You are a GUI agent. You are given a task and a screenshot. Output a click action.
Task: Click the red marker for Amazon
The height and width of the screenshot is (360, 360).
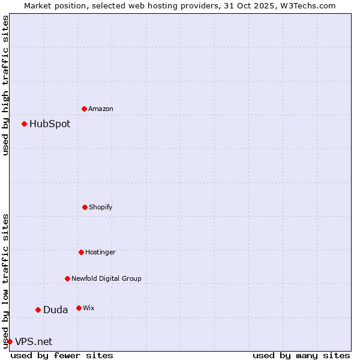pyautogui.click(x=84, y=109)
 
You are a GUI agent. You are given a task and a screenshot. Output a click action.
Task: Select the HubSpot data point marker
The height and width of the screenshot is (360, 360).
pyautogui.click(x=24, y=124)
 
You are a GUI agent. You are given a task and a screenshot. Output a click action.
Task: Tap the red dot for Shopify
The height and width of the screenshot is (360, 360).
pyautogui.click(x=85, y=207)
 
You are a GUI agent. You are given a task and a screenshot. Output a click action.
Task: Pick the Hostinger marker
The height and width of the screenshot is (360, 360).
pyautogui.click(x=81, y=252)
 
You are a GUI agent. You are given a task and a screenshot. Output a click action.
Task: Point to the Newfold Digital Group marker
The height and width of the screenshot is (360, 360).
pyautogui.click(x=67, y=278)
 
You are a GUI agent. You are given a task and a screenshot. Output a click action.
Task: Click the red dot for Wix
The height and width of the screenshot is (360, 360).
pyautogui.click(x=79, y=308)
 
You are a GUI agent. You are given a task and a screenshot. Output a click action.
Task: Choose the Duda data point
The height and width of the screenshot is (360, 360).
pyautogui.click(x=38, y=310)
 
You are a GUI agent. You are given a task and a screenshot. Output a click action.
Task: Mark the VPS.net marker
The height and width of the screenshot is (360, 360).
pyautogui.click(x=10, y=341)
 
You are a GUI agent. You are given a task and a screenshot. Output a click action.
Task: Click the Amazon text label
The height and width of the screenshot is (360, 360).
pyautogui.click(x=101, y=109)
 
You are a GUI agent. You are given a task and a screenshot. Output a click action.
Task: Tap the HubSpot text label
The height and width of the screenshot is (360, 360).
pyautogui.click(x=50, y=124)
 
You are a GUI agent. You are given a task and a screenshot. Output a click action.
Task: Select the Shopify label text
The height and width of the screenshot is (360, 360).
pyautogui.click(x=101, y=207)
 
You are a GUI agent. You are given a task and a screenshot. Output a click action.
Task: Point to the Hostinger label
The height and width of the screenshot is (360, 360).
pyautogui.click(x=100, y=252)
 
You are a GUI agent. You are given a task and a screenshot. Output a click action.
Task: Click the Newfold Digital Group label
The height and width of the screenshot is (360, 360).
pyautogui.click(x=106, y=278)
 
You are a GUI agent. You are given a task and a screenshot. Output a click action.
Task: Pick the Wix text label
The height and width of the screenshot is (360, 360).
pyautogui.click(x=89, y=308)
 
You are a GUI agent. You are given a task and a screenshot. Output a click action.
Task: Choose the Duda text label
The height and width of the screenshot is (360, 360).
pyautogui.click(x=55, y=310)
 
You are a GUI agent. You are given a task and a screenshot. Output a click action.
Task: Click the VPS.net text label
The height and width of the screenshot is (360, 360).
pyautogui.click(x=34, y=341)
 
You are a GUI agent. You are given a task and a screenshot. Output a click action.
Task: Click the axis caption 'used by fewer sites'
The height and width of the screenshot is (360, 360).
pyautogui.click(x=62, y=355)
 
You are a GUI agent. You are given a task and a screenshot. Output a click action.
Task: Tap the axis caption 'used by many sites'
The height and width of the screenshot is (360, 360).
pyautogui.click(x=301, y=355)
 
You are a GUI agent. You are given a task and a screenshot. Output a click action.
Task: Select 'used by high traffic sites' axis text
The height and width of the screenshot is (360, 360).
pyautogui.click(x=5, y=85)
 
